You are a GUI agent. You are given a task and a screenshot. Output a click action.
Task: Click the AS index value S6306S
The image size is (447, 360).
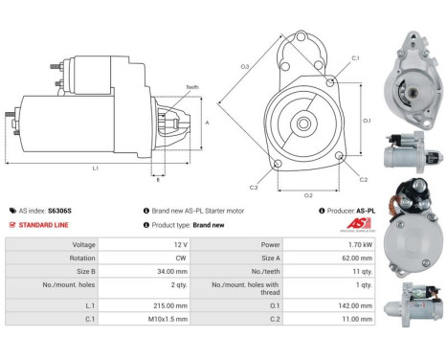59,210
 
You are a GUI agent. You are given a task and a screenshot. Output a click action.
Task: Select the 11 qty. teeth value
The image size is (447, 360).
361,271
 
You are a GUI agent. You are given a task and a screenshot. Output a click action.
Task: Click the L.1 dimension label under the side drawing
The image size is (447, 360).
96,169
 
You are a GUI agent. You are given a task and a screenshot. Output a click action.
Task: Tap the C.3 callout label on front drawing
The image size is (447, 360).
254,187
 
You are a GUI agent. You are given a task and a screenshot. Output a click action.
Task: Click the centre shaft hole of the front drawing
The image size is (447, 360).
303,124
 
